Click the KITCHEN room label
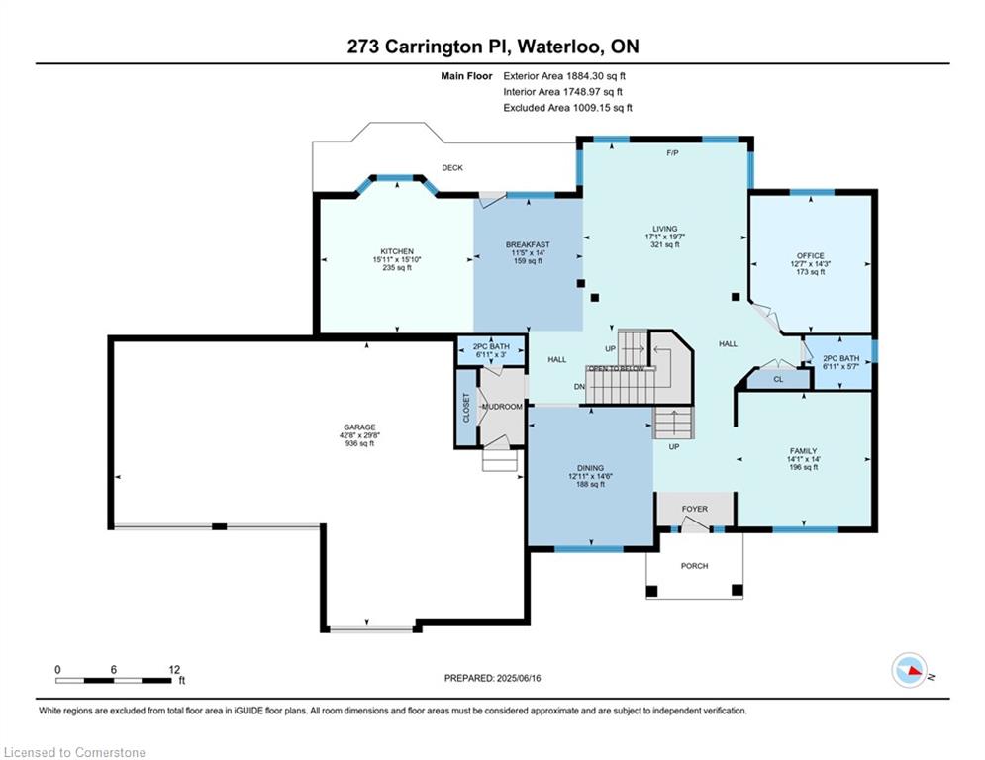pos(396,251)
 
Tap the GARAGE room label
pos(359,427)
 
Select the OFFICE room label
pos(810,255)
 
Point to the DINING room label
pos(590,468)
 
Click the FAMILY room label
pos(803,450)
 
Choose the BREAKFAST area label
pos(527,244)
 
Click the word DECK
pos(452,168)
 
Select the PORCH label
pos(694,566)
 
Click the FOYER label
pos(694,509)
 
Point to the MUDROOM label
pos(502,407)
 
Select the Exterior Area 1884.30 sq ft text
pos(564,75)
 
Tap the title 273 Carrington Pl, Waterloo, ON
pos(492,47)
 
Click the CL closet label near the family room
pos(778,378)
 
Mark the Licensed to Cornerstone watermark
pos(74,753)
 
